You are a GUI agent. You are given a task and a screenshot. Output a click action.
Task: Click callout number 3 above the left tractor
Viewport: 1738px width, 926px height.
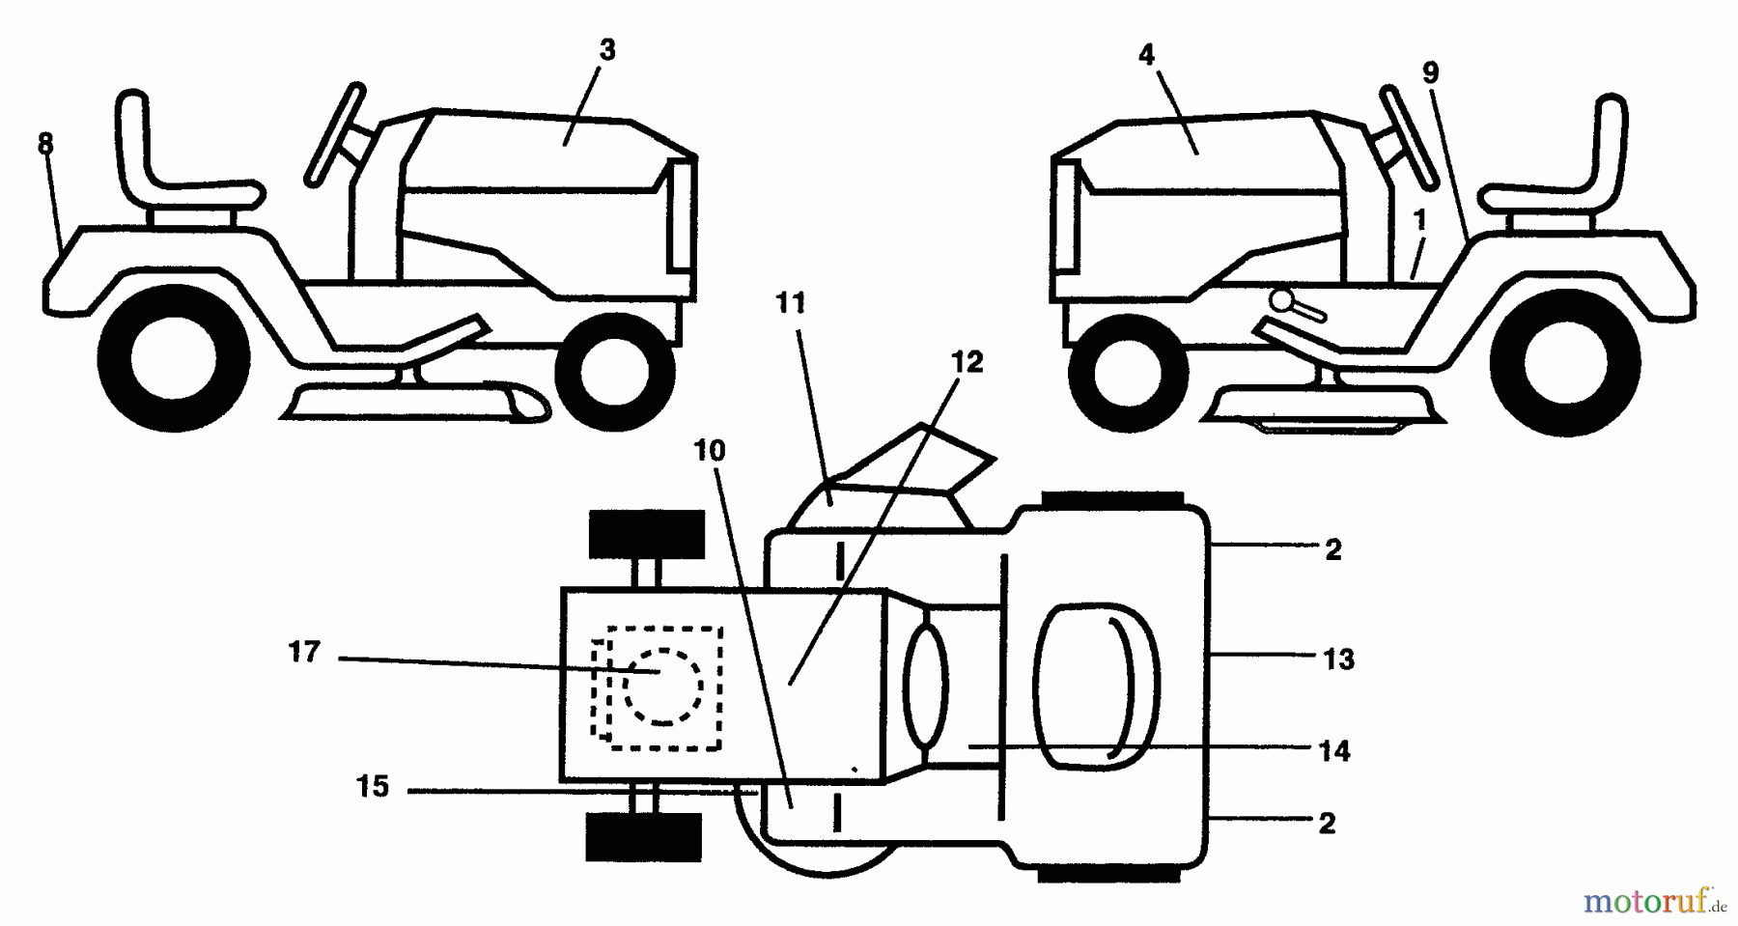tap(606, 50)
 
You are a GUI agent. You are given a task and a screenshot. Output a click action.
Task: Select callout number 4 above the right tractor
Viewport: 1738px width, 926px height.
tap(1146, 55)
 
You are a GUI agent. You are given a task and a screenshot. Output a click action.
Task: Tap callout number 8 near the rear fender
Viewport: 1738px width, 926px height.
tap(45, 144)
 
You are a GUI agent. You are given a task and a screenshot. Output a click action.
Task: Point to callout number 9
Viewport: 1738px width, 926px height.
tap(1430, 72)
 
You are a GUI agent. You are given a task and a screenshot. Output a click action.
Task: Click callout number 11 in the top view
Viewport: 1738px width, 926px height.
tap(790, 303)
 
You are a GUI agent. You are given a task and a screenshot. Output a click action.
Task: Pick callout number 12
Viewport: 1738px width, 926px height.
tap(967, 362)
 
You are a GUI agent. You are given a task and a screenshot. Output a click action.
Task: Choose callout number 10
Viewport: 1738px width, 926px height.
tap(710, 450)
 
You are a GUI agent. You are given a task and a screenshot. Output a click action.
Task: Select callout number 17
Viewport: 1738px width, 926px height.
tap(304, 653)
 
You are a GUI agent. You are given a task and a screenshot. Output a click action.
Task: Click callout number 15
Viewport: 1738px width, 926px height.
tap(373, 787)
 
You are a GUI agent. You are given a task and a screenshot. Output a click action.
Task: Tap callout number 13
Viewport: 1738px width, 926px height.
tap(1338, 659)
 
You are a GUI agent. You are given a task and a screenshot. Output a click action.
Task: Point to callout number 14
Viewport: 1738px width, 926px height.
tap(1334, 750)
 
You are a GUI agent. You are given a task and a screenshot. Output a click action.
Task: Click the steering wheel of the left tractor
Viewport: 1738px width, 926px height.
tap(334, 134)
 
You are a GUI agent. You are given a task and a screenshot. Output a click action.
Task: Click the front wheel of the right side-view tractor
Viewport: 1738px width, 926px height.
tap(1132, 368)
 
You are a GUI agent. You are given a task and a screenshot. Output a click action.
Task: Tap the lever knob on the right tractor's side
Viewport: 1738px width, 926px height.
tap(1281, 300)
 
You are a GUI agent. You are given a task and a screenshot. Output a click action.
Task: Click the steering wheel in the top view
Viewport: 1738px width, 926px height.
tap(1096, 685)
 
